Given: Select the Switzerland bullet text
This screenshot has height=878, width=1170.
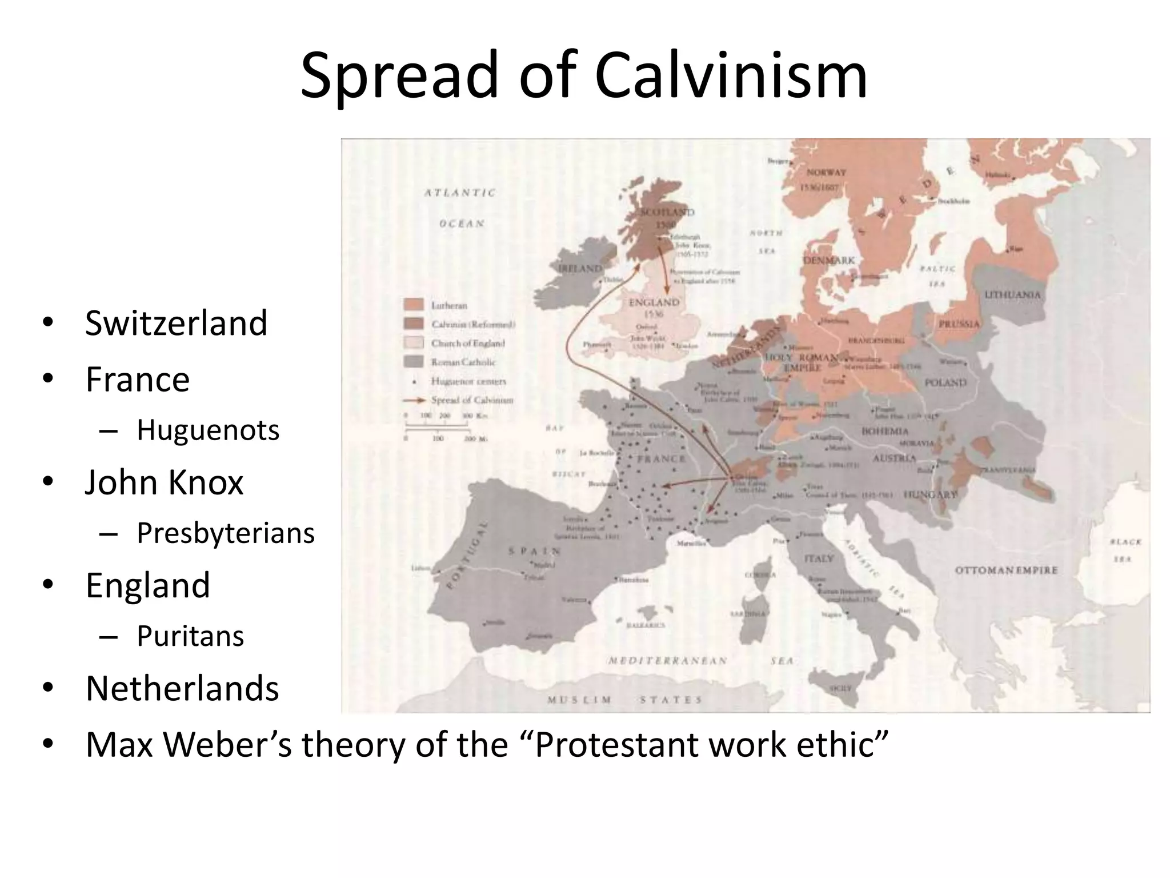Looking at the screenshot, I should pos(176,323).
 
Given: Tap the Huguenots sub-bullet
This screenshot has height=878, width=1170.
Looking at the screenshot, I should pos(208,430).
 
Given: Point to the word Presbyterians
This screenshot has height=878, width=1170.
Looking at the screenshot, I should pos(226,533).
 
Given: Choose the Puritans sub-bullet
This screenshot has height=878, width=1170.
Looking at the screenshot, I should pos(190,636).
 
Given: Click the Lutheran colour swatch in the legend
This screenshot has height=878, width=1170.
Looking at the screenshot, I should pos(414,305).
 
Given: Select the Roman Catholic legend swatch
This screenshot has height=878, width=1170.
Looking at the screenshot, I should pos(414,361).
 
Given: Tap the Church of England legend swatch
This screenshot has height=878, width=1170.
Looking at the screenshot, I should pos(414,342).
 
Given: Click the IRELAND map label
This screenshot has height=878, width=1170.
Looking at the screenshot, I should pos(579,268).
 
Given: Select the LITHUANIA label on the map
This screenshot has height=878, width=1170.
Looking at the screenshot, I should pos(1012,295).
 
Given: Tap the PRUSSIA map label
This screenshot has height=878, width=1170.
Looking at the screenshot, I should pos(959,324).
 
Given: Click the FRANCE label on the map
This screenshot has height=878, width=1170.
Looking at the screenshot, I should pos(661,459).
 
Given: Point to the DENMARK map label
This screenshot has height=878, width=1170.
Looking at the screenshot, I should pos(829,260).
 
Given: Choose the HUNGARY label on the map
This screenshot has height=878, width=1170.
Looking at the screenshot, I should pos(931,494).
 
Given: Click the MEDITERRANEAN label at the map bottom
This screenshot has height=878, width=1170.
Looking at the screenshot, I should pos(667,661).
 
